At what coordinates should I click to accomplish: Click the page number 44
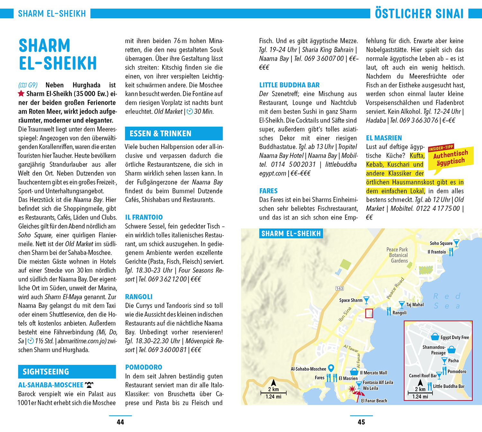120,422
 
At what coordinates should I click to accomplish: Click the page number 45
361,422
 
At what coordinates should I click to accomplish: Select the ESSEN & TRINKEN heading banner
174,133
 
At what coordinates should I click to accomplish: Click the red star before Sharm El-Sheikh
21,94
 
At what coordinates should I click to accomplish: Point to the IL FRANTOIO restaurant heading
144,217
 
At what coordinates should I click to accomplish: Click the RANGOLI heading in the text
139,297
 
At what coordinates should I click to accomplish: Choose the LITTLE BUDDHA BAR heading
289,85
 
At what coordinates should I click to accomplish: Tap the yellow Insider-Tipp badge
451,156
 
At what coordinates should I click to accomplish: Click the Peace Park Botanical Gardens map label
398,255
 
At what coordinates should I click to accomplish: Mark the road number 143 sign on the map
340,288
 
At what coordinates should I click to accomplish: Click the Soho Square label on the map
441,243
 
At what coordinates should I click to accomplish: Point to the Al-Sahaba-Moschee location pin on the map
331,368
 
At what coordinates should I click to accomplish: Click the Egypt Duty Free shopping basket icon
435,337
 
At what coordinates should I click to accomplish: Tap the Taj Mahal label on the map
415,305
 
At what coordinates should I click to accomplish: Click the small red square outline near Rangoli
369,313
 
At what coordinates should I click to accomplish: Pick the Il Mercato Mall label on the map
373,373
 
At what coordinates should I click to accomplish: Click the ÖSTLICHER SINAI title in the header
419,14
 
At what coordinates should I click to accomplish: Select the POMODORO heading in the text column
144,367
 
